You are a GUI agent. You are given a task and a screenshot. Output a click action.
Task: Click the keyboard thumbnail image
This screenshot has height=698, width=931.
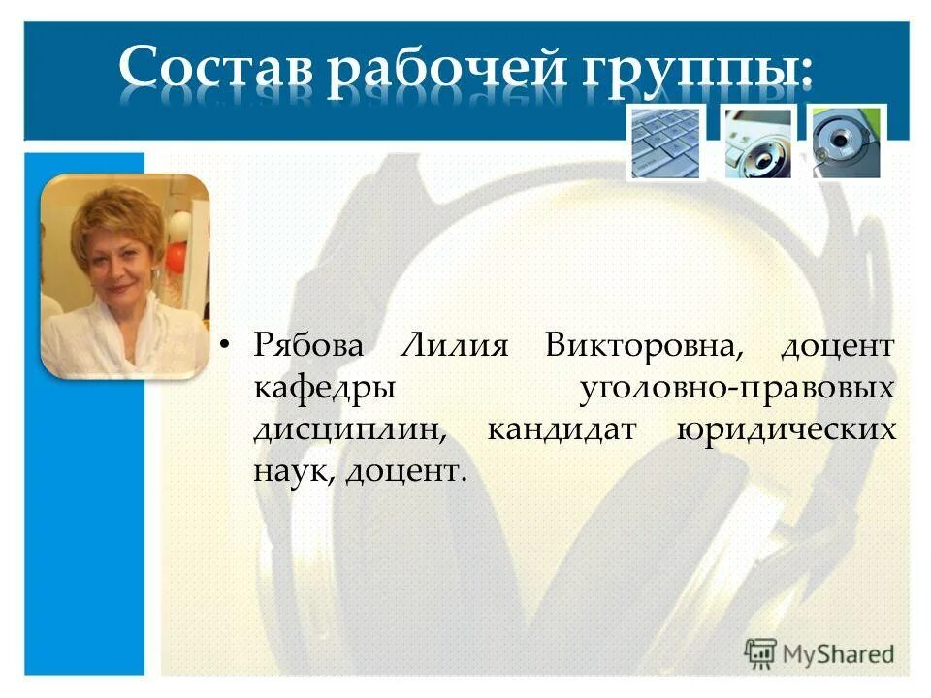tap(665, 143)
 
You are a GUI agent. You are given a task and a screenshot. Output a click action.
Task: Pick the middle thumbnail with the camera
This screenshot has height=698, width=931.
tap(757, 143)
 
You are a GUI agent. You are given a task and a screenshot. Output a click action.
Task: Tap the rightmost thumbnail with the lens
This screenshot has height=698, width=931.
tap(846, 143)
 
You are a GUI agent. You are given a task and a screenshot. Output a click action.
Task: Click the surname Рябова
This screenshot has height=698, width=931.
tap(310, 346)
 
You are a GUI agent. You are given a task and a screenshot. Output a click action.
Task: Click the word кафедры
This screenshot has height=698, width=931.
tap(324, 388)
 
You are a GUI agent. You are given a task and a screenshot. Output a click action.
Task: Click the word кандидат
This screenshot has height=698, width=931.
tap(561, 429)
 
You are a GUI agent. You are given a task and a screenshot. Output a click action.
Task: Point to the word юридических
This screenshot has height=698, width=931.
tap(786, 429)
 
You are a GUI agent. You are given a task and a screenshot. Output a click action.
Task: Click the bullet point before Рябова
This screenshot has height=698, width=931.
tap(225, 346)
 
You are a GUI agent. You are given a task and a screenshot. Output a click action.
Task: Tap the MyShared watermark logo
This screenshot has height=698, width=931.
tap(819, 652)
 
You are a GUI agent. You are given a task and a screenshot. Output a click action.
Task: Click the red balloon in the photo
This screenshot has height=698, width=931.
tap(177, 256)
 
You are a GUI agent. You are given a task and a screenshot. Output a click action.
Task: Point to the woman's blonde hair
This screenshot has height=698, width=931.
tap(116, 218)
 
